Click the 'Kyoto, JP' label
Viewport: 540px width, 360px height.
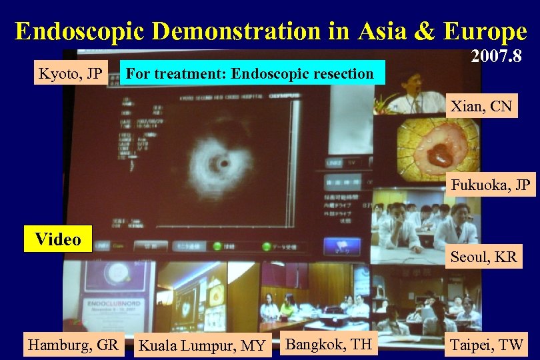click(70, 73)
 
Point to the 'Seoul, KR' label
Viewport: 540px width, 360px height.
click(484, 257)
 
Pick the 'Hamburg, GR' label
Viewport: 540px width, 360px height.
click(73, 345)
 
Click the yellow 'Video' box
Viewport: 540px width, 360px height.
click(58, 239)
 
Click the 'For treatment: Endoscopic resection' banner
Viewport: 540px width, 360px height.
click(250, 73)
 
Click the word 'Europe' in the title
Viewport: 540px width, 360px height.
click(482, 31)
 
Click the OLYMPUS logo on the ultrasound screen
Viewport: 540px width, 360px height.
click(286, 96)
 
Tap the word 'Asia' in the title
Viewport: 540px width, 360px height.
click(377, 31)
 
